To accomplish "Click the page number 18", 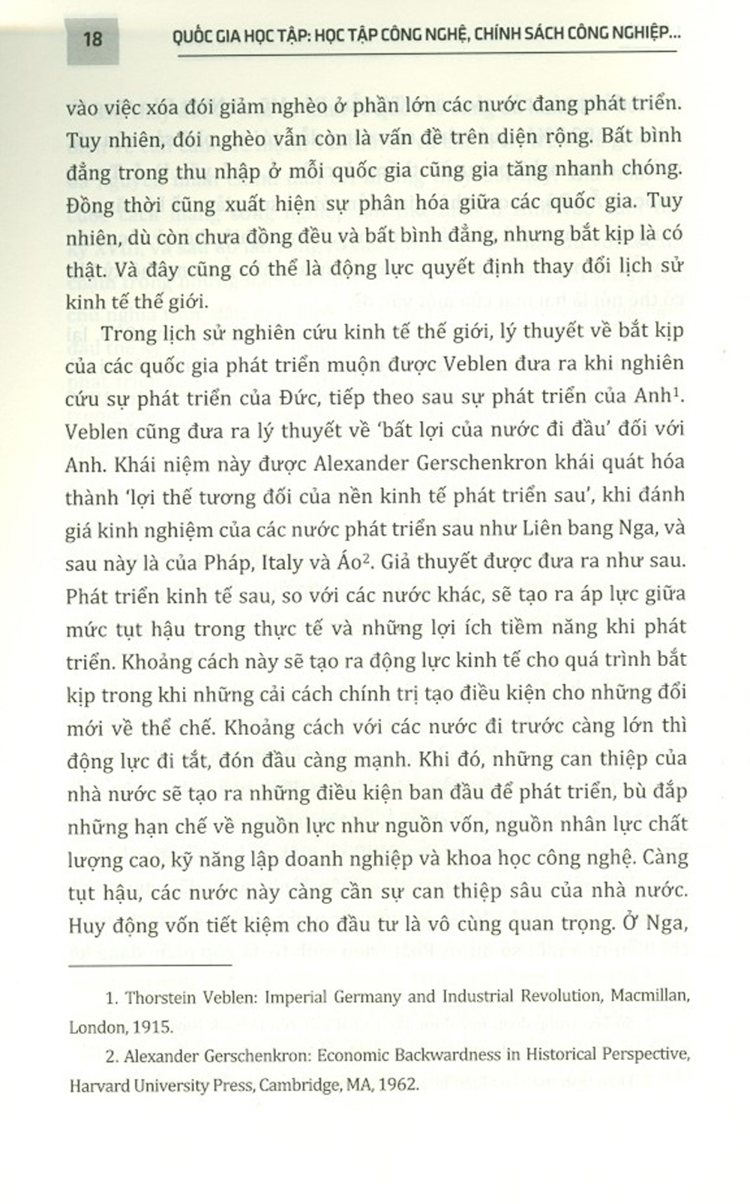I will click(92, 38).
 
